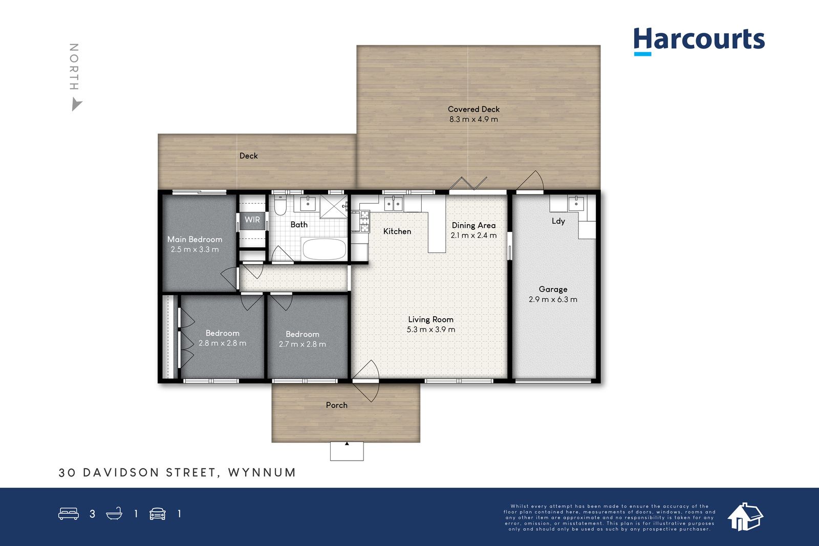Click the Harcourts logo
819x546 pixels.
pyautogui.click(x=699, y=41)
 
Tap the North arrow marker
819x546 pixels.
pyautogui.click(x=76, y=104)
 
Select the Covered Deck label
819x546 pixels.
pyautogui.click(x=473, y=109)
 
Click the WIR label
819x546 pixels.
pyautogui.click(x=252, y=220)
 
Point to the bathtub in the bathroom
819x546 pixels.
pyautogui.click(x=324, y=249)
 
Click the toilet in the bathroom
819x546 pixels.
pyautogui.click(x=281, y=205)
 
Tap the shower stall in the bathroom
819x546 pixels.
pyautogui.click(x=333, y=207)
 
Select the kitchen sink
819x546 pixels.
pyautogui.click(x=394, y=203)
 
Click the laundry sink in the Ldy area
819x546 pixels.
pyautogui.click(x=576, y=203)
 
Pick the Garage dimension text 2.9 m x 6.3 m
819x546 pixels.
pyautogui.click(x=553, y=299)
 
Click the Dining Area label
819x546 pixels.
pyautogui.click(x=473, y=225)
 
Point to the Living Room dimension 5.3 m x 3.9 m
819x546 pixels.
pyautogui.click(x=430, y=329)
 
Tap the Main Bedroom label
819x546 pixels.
pyautogui.click(x=195, y=239)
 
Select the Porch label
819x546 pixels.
pyautogui.click(x=336, y=405)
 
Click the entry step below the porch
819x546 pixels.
pyautogui.click(x=347, y=451)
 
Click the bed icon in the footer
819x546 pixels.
pyautogui.click(x=69, y=513)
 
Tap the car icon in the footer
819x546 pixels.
pyautogui.click(x=158, y=514)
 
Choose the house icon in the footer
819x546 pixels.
pyautogui.click(x=745, y=516)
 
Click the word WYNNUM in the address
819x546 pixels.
pyautogui.click(x=262, y=472)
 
